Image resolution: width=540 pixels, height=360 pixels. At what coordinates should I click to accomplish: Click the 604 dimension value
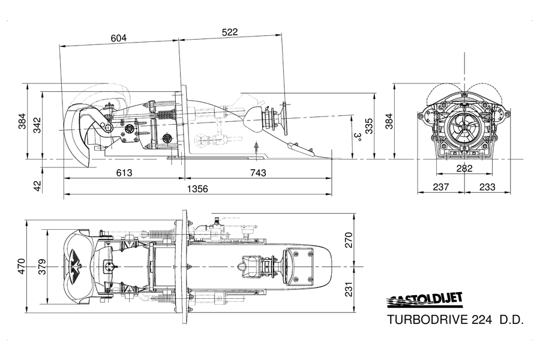point(119,38)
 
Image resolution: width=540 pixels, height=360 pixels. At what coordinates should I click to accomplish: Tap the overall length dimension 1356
point(197,189)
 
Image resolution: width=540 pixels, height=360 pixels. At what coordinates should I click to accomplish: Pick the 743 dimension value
point(258,173)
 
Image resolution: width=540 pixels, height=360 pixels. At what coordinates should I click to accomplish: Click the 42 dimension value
point(38,186)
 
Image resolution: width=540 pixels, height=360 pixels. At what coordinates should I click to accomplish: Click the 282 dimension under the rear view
point(464,169)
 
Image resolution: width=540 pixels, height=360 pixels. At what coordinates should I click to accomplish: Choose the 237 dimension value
point(441,187)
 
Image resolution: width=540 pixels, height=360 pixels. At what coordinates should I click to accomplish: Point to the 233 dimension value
point(487,187)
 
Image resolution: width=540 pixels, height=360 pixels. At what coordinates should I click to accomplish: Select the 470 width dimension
point(22,266)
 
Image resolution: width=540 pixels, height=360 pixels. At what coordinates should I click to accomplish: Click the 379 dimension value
point(41,266)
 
